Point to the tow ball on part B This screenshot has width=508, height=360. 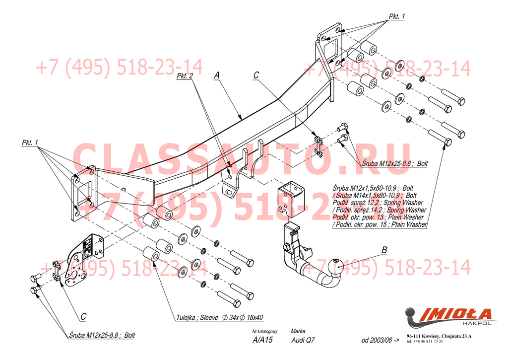[336, 268]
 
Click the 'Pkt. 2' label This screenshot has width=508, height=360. [184, 77]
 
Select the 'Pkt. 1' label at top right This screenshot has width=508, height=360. [396, 16]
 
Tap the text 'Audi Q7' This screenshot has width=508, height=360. [303, 341]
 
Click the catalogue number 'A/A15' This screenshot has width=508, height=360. [262, 341]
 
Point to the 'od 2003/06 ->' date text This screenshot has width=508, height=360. [380, 341]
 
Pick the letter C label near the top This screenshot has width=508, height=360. [256, 75]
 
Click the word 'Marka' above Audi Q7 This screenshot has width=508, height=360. [298, 331]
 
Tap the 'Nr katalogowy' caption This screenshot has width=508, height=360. [264, 331]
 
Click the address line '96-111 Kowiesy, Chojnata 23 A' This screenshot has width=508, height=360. [439, 337]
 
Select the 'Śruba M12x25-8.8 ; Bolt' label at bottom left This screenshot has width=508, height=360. [102, 335]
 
